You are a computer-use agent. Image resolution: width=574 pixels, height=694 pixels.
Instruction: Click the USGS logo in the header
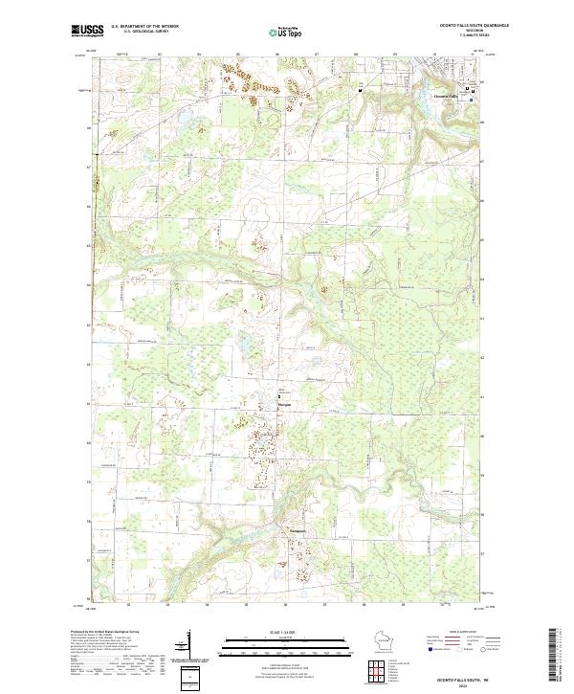[x=88, y=31]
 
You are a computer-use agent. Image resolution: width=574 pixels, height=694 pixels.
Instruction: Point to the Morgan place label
[x=283, y=404]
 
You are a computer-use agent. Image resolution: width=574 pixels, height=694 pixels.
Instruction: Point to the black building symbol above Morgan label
[x=280, y=395]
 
